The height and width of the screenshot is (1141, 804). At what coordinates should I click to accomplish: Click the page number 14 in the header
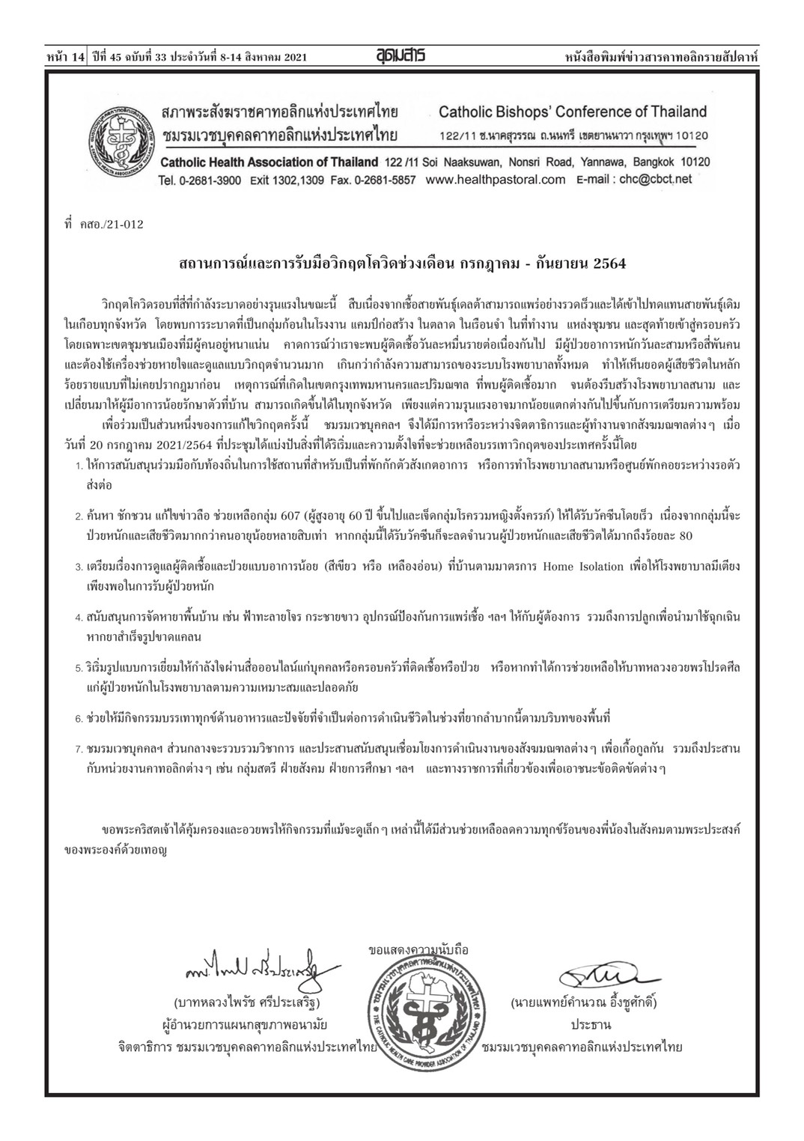(79, 56)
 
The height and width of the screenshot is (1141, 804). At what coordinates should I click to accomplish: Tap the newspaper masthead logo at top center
(401, 55)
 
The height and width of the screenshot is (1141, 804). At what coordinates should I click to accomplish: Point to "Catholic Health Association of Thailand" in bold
(270, 162)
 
